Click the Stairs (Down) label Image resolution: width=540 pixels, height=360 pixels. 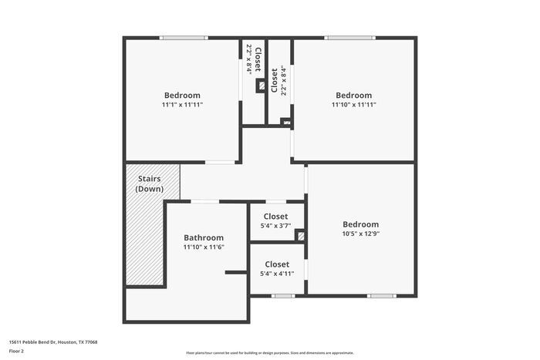(x=149, y=183)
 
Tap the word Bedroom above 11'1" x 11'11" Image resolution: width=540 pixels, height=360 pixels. (x=182, y=96)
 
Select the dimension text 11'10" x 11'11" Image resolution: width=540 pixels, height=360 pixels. (x=353, y=105)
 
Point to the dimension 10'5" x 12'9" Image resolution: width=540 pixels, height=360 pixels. (x=361, y=234)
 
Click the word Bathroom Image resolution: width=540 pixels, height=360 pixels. (x=204, y=238)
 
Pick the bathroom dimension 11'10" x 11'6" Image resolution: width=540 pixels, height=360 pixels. (x=204, y=247)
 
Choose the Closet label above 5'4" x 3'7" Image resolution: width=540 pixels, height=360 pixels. (x=275, y=217)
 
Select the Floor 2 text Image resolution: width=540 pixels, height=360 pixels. (x=17, y=351)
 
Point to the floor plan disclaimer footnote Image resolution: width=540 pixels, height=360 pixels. (x=269, y=352)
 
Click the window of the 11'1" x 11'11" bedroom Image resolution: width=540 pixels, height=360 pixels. (x=184, y=38)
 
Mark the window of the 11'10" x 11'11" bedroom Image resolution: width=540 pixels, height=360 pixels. (x=349, y=38)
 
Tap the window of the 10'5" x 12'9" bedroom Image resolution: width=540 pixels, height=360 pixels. (x=381, y=296)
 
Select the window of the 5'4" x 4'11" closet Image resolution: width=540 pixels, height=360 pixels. (x=283, y=296)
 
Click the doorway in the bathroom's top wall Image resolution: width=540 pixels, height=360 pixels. (x=205, y=202)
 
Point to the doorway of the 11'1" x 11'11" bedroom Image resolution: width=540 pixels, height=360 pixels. (x=221, y=162)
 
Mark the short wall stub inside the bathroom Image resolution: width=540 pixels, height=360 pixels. (x=235, y=272)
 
